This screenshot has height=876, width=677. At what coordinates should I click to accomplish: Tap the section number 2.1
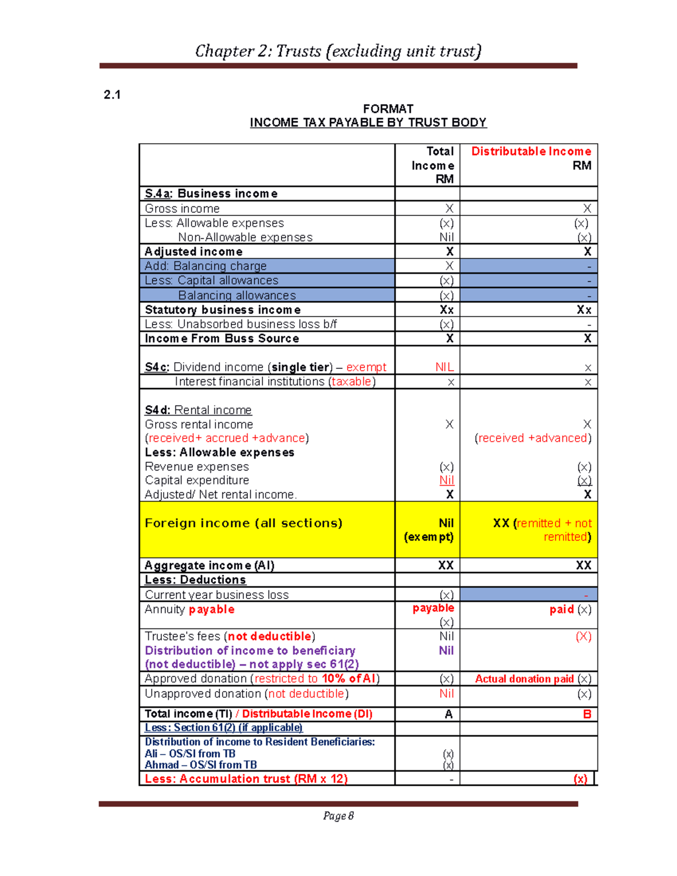pos(112,95)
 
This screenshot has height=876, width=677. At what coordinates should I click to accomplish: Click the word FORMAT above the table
pos(388,109)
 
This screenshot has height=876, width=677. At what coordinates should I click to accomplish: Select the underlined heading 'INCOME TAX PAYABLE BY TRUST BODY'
pos(368,122)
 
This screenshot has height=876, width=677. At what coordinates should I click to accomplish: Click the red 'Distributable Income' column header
pos(531,151)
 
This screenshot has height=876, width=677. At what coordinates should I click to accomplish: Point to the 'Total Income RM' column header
pos(433,165)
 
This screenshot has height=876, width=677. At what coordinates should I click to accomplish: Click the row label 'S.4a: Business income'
pos(211,193)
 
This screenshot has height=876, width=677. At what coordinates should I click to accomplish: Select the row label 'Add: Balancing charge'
pos(205,266)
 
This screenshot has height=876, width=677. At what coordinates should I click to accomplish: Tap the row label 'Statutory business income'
pos(222,310)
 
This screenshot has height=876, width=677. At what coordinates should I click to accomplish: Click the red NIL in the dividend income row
pos(445,367)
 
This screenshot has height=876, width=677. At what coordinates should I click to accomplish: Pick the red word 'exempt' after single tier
pos(366,367)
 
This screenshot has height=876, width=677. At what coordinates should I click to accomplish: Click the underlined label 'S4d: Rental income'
pos(198,410)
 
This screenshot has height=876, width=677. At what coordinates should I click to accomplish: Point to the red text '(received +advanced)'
pos(533,438)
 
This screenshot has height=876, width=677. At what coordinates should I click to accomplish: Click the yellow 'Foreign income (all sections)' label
pos(243,523)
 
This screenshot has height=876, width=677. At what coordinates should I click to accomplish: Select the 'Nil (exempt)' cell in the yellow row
pos(429,530)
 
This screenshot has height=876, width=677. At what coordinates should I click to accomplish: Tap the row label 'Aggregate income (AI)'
pos(209,565)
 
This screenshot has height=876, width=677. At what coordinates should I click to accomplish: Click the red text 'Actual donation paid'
pos(524,679)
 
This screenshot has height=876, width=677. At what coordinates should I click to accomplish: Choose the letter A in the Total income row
pos(449,714)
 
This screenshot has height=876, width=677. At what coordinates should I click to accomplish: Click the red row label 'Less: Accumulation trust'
pos(246,779)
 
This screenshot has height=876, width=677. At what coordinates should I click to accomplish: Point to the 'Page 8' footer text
pos(338,816)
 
